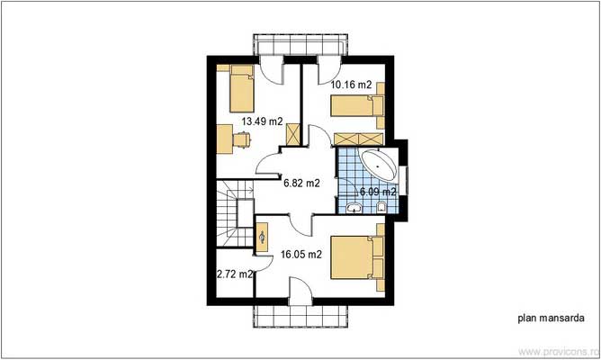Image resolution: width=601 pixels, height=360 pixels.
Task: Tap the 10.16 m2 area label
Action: click(x=351, y=85)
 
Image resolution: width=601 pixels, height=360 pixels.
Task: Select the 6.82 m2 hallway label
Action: click(x=301, y=183)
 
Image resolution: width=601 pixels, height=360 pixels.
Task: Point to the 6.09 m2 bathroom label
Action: click(x=378, y=192)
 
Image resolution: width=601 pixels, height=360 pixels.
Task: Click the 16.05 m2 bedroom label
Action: click(x=302, y=255)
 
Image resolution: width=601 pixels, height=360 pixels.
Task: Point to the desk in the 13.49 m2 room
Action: click(x=225, y=139)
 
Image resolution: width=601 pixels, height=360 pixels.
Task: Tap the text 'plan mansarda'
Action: click(x=545, y=318)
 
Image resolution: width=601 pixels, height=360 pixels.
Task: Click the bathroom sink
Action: click(x=353, y=208)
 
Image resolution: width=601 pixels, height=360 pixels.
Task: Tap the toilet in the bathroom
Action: click(x=382, y=209)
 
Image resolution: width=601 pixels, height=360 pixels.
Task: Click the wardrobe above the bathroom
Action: click(x=358, y=139)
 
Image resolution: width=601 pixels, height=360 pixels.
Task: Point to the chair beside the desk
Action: click(x=242, y=139)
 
